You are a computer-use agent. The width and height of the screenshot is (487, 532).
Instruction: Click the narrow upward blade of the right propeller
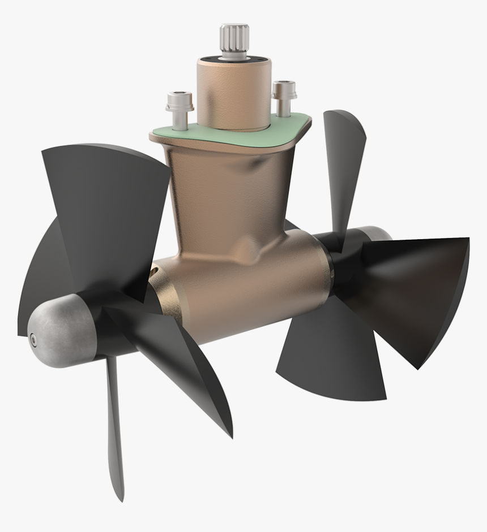point(343,164)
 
